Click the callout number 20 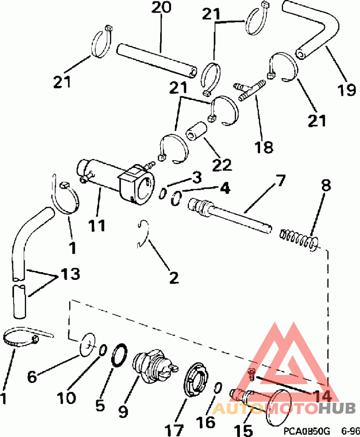point(162,7)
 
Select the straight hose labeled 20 point(157,60)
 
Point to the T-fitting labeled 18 point(249,89)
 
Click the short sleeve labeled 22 point(197,131)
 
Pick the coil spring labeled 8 point(298,239)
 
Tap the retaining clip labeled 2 point(143,234)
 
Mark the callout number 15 point(244,430)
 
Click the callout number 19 point(346,90)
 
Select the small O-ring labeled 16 point(217,387)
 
